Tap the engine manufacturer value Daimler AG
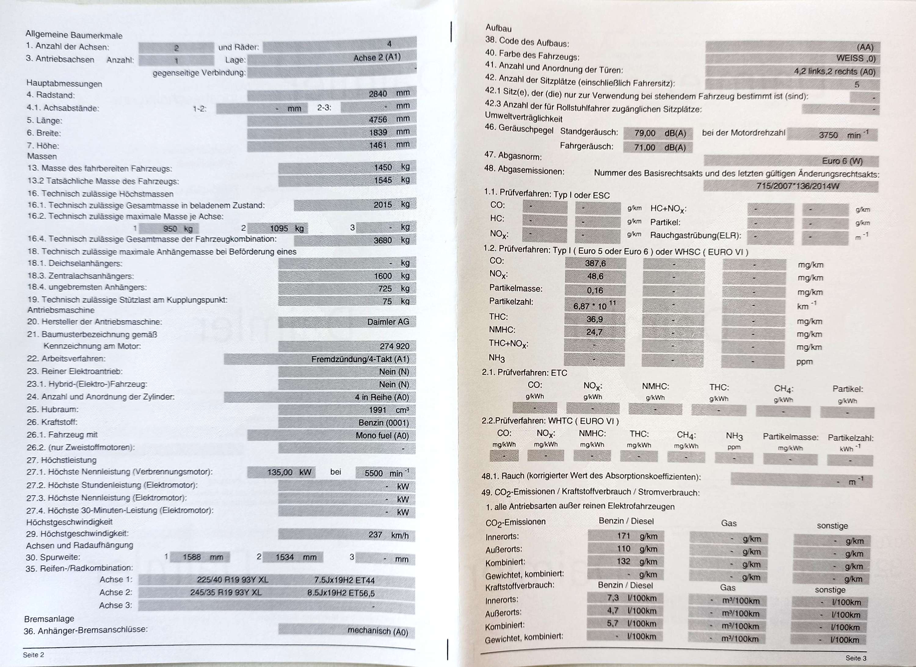[388, 322]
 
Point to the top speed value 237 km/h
[388, 535]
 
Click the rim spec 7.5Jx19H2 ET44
[344, 580]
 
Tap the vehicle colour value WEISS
[856, 59]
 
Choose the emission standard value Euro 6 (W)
[842, 161]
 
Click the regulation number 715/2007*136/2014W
[797, 186]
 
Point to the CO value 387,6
[595, 263]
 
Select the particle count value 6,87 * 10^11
[594, 306]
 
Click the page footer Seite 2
[34, 655]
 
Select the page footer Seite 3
[856, 658]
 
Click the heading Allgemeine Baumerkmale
[74, 35]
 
